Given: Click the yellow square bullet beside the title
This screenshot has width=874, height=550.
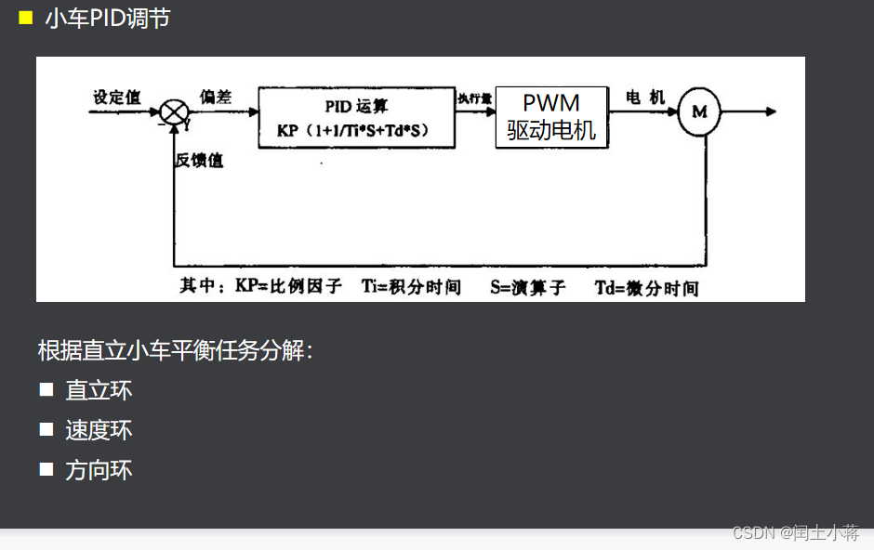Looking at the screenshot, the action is [x=25, y=18].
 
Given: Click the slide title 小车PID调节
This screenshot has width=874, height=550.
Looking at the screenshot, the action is [x=107, y=19].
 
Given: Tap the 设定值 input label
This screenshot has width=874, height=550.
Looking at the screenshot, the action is [x=116, y=97].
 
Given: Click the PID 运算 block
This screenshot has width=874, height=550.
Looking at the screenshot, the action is [x=356, y=107].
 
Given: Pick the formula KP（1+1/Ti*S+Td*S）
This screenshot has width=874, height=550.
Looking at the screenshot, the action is [x=356, y=130].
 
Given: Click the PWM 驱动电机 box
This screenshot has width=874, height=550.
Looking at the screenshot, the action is [x=551, y=117].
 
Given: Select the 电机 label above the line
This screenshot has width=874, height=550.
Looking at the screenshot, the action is [x=645, y=97].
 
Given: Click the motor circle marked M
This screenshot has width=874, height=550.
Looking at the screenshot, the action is [x=699, y=112].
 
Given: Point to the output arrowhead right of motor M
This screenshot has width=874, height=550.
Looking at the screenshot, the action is [x=770, y=112].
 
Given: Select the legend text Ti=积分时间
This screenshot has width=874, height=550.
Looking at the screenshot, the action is [x=411, y=286].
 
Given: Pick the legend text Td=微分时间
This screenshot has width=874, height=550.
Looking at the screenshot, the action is [x=646, y=287].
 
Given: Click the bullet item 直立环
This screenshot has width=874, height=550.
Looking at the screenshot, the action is [x=99, y=390].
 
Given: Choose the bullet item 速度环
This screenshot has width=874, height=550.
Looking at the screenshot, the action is [x=99, y=430].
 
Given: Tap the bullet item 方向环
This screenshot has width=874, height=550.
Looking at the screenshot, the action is [x=99, y=470].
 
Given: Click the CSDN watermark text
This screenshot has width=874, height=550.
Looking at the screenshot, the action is [x=795, y=532].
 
